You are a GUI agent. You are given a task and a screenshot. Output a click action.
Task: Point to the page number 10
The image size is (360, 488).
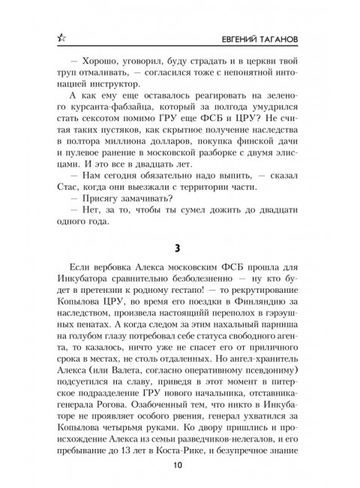coord(180,465)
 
